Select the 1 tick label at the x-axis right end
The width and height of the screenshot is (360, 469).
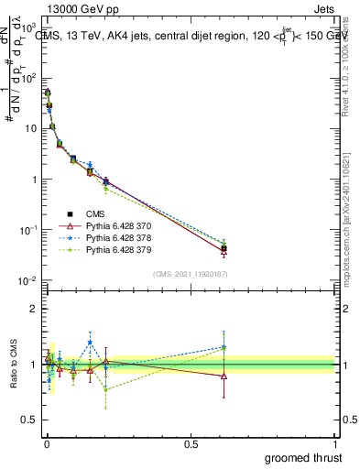coord(335,443)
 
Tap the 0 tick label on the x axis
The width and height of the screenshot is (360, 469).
coord(46,443)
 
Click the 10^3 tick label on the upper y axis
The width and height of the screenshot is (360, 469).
coord(28,27)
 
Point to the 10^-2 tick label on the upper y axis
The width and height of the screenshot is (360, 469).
coord(28,280)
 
